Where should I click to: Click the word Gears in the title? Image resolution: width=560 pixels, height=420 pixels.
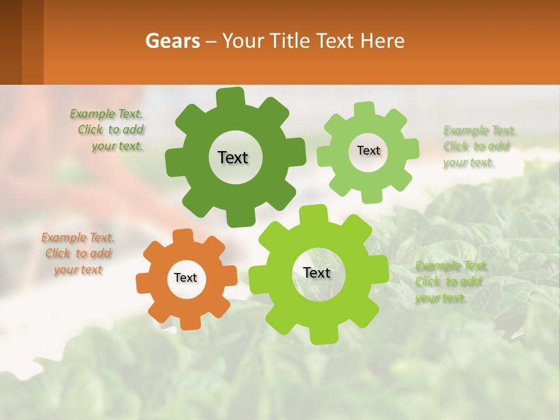tap(171, 41)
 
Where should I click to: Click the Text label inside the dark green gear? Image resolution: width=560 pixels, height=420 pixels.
tap(233, 157)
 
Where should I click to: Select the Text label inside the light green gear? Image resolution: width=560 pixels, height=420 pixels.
tap(368, 150)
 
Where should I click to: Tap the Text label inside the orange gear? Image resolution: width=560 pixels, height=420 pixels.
tap(185, 278)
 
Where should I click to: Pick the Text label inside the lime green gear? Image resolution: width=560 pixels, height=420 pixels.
tap(317, 273)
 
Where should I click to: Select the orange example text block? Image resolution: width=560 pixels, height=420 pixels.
tap(78, 254)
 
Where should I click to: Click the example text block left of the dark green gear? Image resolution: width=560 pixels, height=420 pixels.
tap(108, 130)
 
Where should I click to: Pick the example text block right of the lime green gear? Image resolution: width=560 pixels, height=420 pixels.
tap(450, 282)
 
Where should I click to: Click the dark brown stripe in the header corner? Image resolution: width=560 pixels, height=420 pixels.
tap(10, 42)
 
